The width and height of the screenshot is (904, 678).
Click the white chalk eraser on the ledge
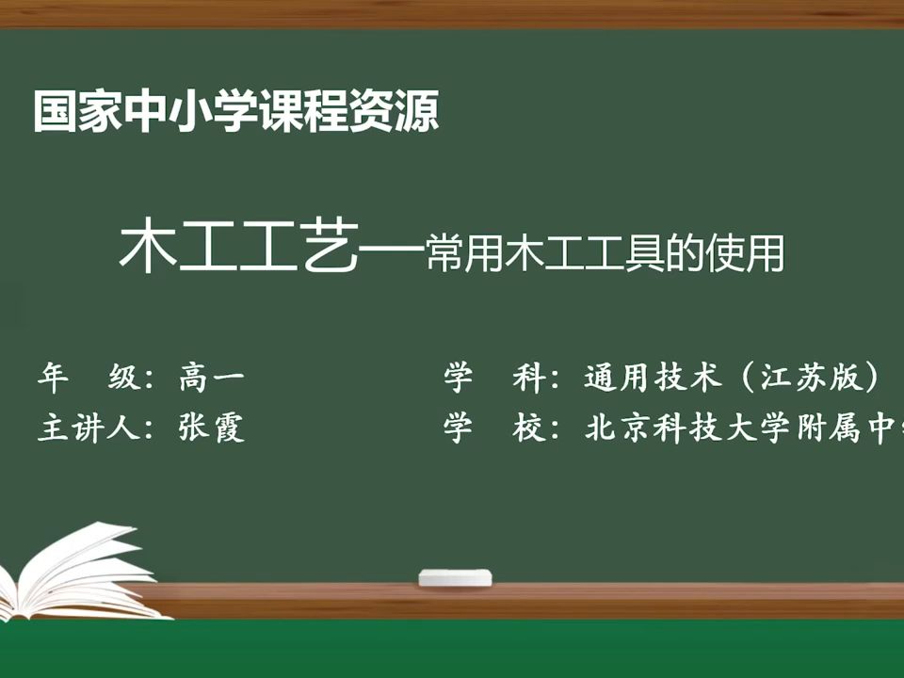tap(455, 577)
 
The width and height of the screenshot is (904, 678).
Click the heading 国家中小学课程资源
tap(236, 111)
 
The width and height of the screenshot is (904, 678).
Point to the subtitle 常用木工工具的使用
tap(605, 252)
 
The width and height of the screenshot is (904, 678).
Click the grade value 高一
tap(212, 379)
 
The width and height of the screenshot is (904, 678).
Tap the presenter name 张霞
tap(212, 428)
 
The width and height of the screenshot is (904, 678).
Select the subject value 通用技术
tap(654, 379)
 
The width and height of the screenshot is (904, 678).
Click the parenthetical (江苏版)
tap(811, 379)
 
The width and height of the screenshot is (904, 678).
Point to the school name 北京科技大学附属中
tap(744, 428)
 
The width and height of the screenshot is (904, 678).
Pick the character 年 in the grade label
tap(53, 379)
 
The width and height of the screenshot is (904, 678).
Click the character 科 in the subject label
tap(528, 379)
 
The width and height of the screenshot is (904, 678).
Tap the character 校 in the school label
tap(528, 428)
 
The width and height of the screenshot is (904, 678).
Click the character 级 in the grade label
tap(123, 379)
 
